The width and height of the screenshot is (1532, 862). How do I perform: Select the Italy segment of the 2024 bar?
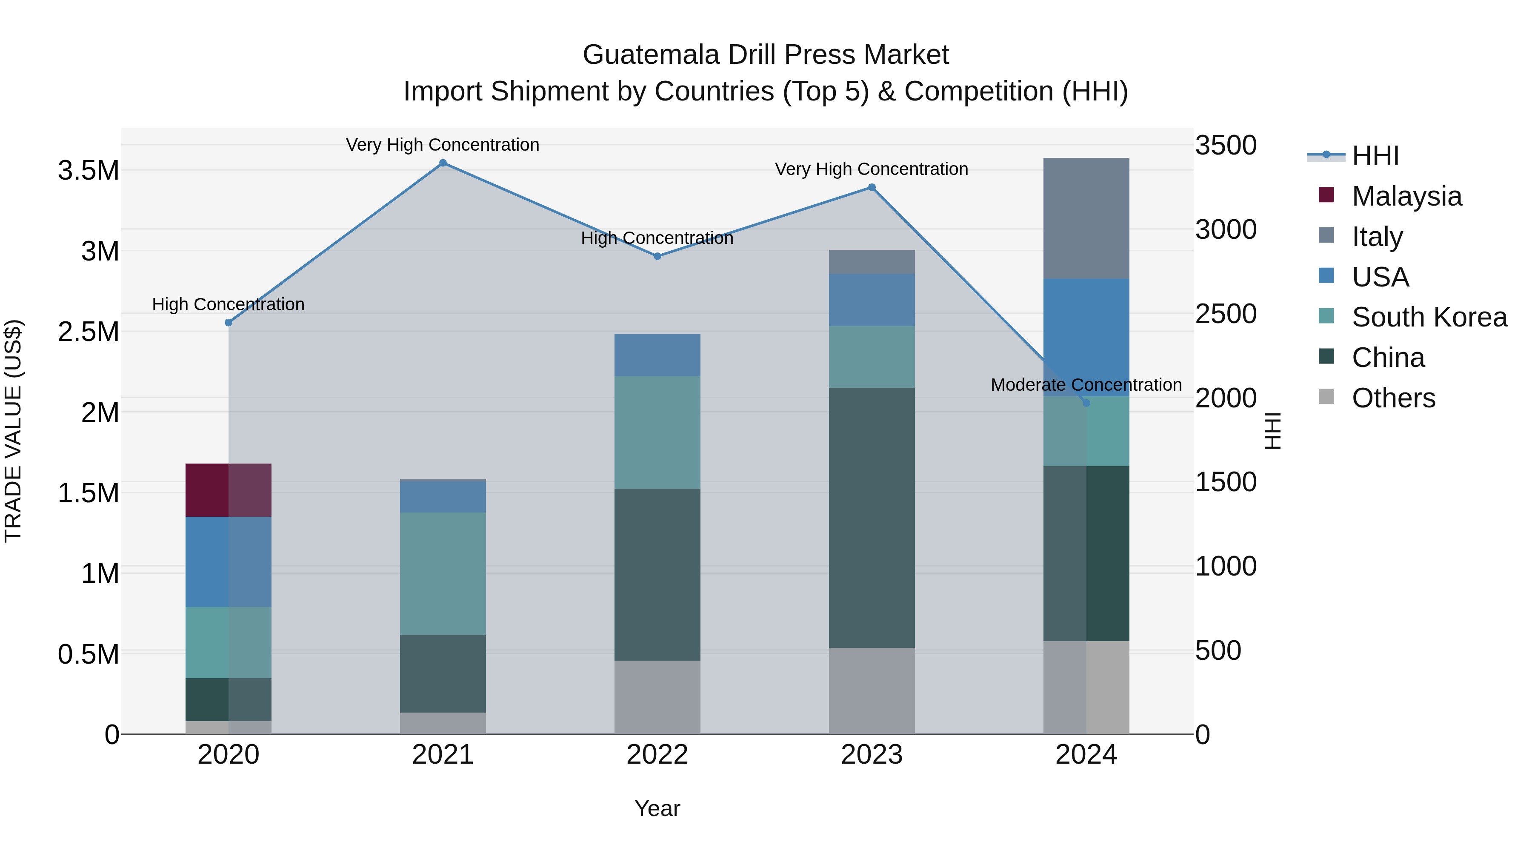pyautogui.click(x=1086, y=218)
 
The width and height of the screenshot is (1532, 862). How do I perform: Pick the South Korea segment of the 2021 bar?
pyautogui.click(x=443, y=573)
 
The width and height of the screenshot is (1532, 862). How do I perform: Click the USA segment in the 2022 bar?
pyautogui.click(x=657, y=355)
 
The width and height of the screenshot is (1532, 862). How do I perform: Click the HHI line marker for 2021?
pyautogui.click(x=443, y=163)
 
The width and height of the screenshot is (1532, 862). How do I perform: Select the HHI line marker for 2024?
pyautogui.click(x=1086, y=403)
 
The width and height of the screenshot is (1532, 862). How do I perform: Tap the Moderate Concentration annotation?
pyautogui.click(x=1086, y=385)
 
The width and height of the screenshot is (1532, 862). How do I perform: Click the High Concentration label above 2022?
pyautogui.click(x=657, y=238)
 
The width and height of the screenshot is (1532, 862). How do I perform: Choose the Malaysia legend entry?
pyautogui.click(x=1406, y=196)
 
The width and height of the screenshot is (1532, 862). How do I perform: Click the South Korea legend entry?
pyautogui.click(x=1429, y=317)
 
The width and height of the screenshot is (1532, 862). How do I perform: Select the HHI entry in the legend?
pyautogui.click(x=1375, y=156)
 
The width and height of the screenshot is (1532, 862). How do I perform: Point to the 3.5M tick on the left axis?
pyautogui.click(x=89, y=171)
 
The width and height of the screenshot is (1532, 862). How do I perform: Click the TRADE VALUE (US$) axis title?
pyautogui.click(x=13, y=431)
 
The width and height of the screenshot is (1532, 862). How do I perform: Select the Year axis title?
pyautogui.click(x=657, y=808)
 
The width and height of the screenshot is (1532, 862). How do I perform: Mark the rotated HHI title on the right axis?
pyautogui.click(x=1272, y=431)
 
